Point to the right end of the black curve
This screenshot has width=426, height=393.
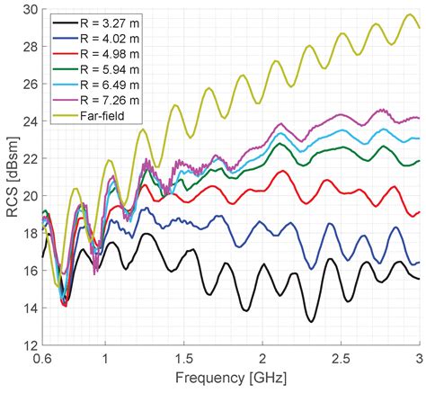point(419,279)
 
